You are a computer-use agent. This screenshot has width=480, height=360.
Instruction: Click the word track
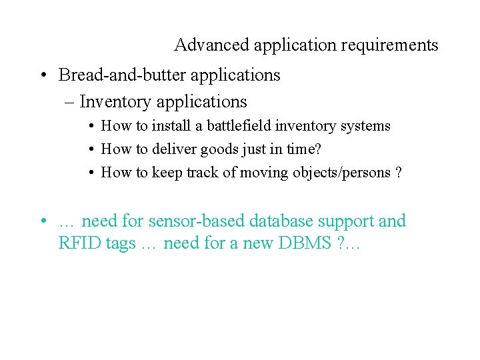click(x=201, y=172)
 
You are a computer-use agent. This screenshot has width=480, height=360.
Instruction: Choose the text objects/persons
click(x=340, y=173)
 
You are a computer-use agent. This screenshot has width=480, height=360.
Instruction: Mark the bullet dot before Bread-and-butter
click(x=41, y=75)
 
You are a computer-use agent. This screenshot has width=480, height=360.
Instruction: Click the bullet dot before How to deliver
click(x=89, y=149)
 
